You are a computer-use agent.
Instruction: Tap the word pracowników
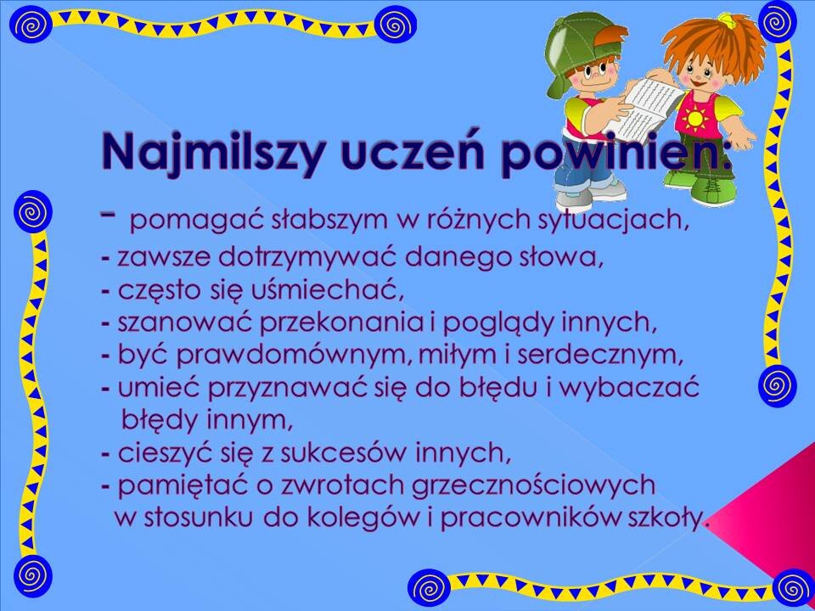[x=532, y=518]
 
